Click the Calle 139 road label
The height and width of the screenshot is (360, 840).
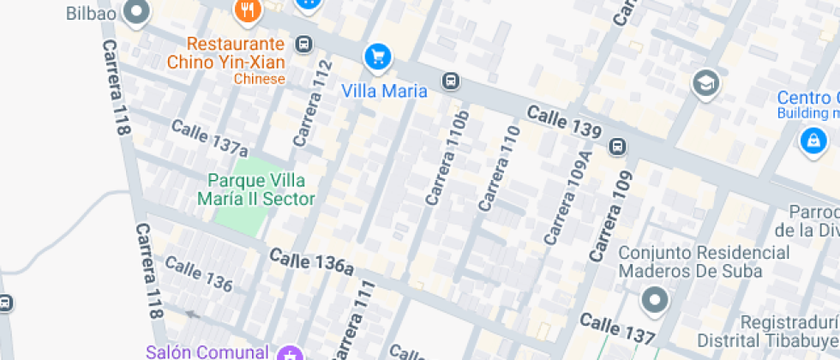point(563,123)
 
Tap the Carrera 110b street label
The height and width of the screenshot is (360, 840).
point(448,158)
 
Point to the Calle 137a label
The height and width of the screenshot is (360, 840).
point(209,137)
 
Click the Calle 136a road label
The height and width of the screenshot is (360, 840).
point(311,262)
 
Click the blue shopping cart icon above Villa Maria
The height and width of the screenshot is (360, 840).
point(377,57)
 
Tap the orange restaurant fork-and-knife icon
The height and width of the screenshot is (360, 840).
point(248,10)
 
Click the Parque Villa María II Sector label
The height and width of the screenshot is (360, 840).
point(256,190)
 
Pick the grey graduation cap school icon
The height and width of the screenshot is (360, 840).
point(706,83)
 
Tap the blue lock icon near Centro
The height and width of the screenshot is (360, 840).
point(811,141)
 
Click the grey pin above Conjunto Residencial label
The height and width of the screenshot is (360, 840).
point(655,301)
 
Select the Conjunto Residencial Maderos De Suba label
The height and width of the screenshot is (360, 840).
point(704,261)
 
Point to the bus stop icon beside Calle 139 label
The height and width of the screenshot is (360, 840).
point(617,147)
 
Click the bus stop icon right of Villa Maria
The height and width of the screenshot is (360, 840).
point(449,81)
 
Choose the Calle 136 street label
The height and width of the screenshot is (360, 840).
point(199,273)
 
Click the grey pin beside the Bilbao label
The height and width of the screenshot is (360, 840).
point(135,12)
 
